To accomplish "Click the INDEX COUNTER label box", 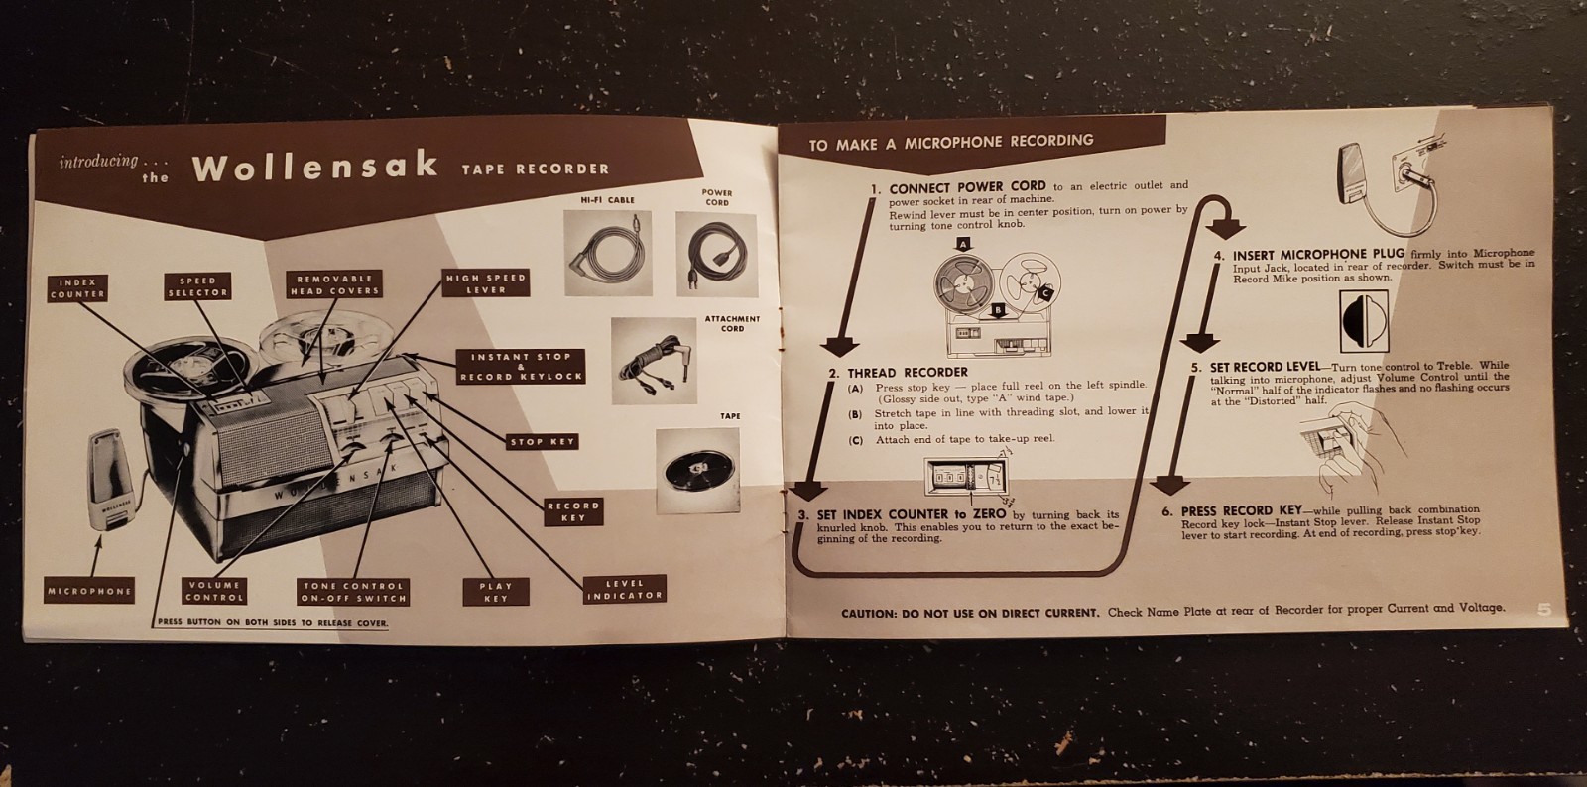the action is click(77, 288).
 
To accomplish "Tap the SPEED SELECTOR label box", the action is click(197, 286).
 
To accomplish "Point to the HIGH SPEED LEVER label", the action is click(486, 283).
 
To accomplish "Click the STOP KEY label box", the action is click(543, 442).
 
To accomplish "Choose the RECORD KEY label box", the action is click(573, 511).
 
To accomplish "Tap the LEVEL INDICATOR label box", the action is click(624, 590).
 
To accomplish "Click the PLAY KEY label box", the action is click(496, 592).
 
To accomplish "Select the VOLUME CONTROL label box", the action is click(214, 591).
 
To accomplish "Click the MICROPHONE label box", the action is click(89, 592).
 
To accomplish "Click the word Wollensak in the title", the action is click(315, 166).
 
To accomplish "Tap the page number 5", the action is click(1543, 610).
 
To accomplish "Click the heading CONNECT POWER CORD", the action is click(967, 186).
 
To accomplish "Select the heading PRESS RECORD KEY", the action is click(1241, 511).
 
